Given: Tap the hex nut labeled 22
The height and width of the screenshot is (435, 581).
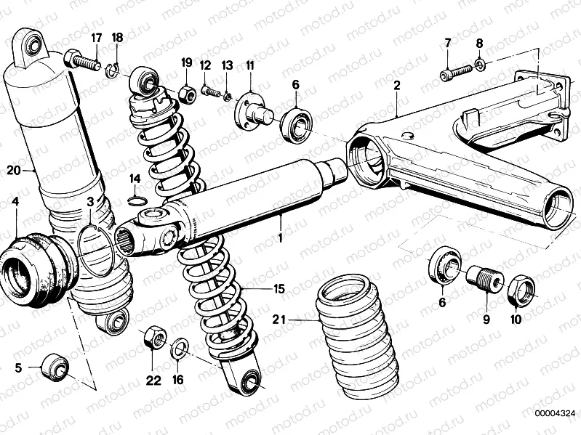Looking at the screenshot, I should pos(153,337).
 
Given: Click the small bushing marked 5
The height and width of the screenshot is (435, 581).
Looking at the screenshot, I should pos(55,366).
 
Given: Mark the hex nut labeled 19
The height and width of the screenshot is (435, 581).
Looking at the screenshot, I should pos(185,93).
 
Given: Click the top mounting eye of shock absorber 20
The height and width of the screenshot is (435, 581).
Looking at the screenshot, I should pos(31,47).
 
